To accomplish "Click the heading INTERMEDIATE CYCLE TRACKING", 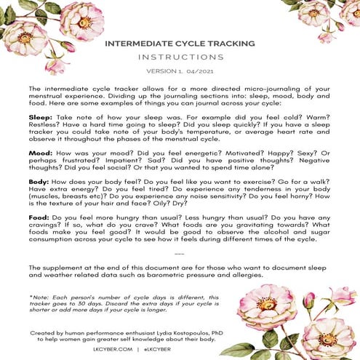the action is pos(180,44).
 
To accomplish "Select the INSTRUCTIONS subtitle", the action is pos(180,56).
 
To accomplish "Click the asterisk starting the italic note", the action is pos(31,297).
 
